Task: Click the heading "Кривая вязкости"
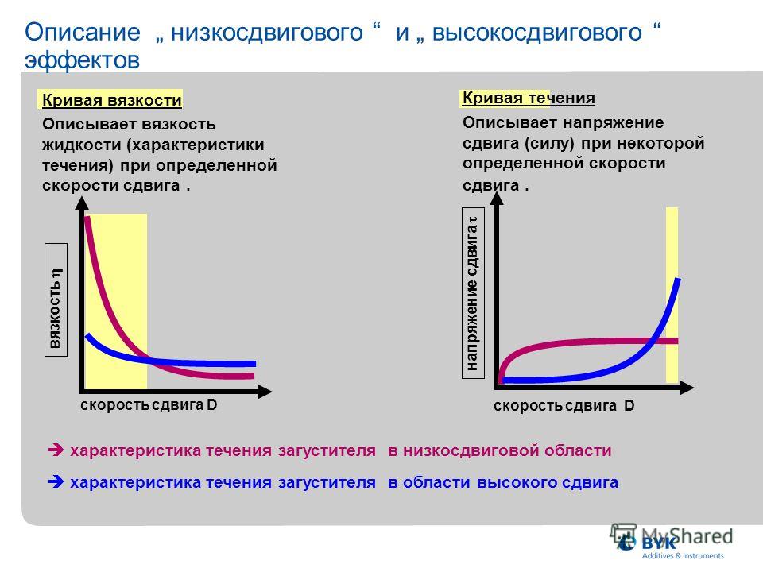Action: coord(112,100)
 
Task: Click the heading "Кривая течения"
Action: coord(529,99)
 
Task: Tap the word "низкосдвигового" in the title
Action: coord(267,33)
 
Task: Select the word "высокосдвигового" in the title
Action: coord(537,33)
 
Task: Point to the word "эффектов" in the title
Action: coord(82,60)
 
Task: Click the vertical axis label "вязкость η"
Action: coord(56,308)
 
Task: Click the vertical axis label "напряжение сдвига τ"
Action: coord(472,294)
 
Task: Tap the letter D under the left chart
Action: coord(211,404)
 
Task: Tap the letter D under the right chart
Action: coord(629,406)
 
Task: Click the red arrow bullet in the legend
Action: coord(56,450)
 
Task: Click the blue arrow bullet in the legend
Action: coord(56,482)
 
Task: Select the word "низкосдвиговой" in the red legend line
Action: coord(470,451)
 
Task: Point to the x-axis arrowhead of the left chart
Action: coord(265,391)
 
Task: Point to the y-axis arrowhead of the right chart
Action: coord(497,199)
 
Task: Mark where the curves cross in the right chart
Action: coord(653,341)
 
